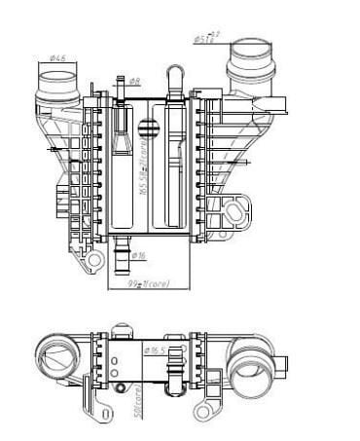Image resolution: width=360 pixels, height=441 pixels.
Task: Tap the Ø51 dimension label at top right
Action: coord(205,39)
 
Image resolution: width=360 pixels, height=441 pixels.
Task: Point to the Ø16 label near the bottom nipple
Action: coord(138,256)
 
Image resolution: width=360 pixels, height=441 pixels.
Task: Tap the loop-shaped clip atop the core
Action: coord(177,77)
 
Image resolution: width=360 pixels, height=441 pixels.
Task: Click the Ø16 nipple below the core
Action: coord(122,260)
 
